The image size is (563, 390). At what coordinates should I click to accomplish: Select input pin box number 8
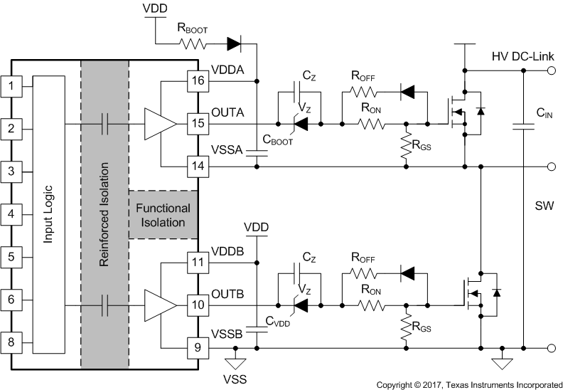pyautogui.click(x=11, y=342)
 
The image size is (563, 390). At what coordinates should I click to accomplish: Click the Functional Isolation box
pyautogui.click(x=163, y=215)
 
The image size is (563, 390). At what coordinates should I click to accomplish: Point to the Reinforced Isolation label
pyautogui.click(x=104, y=214)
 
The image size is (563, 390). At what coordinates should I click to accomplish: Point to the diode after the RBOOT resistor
pyautogui.click(x=233, y=44)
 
